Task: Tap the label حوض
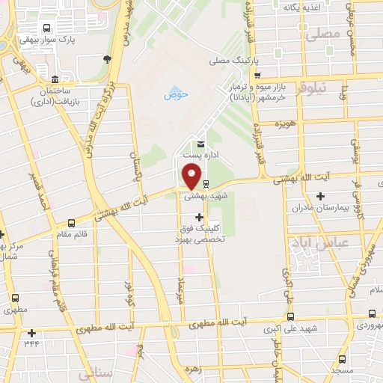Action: tap(174, 95)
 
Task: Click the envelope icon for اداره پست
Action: tap(200, 144)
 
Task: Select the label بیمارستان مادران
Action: tap(321, 207)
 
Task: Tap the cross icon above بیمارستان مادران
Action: tap(321, 196)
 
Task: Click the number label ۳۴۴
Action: tap(31, 343)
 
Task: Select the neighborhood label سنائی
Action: tap(97, 372)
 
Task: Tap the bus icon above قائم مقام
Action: tap(71, 222)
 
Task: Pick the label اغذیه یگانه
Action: tap(301, 7)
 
